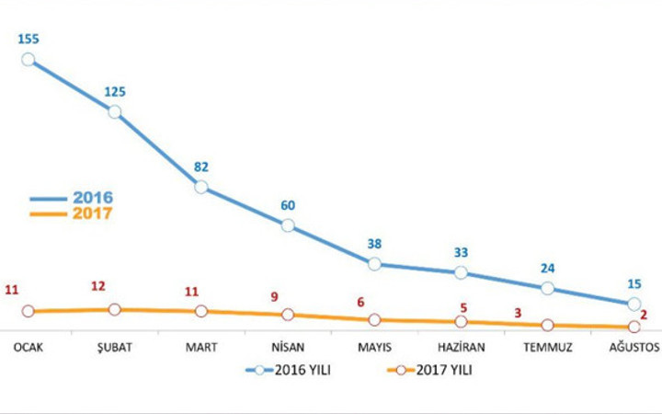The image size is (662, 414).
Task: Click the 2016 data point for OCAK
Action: click(28, 59)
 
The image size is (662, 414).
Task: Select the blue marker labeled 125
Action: click(114, 111)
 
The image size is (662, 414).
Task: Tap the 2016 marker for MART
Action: click(201, 187)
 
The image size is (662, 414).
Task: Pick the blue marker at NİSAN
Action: click(288, 225)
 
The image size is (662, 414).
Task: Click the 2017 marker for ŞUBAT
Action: click(114, 309)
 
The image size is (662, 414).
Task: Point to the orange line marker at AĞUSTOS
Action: click(633, 326)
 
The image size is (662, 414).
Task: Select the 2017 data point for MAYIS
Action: click(374, 319)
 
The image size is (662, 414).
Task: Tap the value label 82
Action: click(201, 167)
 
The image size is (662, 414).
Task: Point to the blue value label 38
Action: click(374, 245)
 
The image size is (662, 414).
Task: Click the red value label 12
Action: click(98, 286)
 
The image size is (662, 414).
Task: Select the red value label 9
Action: click(273, 296)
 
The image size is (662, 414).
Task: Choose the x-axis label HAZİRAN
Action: click(461, 347)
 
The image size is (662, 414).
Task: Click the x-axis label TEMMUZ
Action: click(547, 347)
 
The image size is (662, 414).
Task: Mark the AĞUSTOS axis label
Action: click(633, 347)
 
